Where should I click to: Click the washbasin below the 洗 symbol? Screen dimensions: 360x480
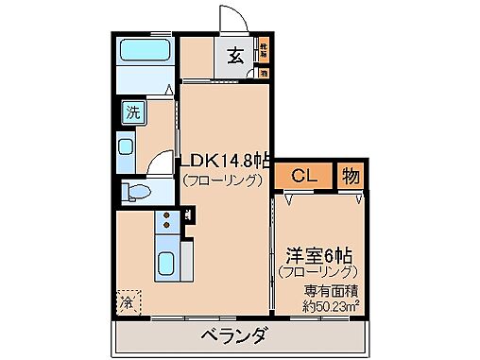coord(127,147)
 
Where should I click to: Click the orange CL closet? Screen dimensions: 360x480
coord(303,175)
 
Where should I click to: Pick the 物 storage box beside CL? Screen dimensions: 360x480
coord(350,175)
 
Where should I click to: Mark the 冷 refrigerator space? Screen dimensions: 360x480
coord(127,302)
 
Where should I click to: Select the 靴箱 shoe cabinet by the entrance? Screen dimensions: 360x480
coord(265,48)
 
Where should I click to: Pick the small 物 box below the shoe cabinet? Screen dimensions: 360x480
coord(265,72)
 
